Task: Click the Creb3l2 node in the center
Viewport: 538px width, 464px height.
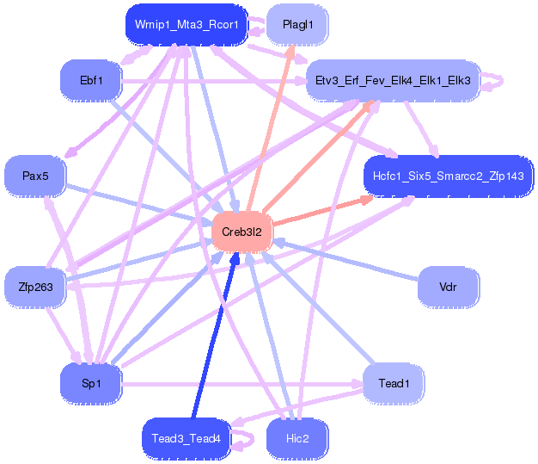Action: click(241, 232)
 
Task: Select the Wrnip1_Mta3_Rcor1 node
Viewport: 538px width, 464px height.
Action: click(186, 25)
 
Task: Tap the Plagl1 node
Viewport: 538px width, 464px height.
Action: click(297, 25)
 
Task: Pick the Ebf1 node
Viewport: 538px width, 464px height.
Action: click(91, 81)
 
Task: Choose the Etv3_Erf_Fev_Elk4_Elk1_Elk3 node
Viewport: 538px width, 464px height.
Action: click(393, 81)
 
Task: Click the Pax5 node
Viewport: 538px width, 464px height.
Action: click(35, 176)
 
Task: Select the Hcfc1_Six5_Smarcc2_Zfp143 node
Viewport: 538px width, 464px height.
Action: click(449, 176)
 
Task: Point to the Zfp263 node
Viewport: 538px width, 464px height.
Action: click(35, 287)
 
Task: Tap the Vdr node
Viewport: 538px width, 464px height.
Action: click(448, 287)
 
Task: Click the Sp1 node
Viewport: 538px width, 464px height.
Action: click(91, 383)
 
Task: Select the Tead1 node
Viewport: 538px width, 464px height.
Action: click(394, 383)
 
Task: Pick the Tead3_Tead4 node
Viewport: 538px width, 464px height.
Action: click(186, 438)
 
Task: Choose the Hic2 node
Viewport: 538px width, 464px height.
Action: click(297, 438)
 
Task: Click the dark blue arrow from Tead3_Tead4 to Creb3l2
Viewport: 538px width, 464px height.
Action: click(215, 336)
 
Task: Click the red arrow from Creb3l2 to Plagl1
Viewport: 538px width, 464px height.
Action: click(271, 128)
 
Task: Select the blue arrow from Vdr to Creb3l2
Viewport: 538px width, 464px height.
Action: click(347, 258)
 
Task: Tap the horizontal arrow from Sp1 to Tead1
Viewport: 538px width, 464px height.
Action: click(242, 384)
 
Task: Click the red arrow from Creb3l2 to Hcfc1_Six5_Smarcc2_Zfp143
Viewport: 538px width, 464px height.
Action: click(322, 210)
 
